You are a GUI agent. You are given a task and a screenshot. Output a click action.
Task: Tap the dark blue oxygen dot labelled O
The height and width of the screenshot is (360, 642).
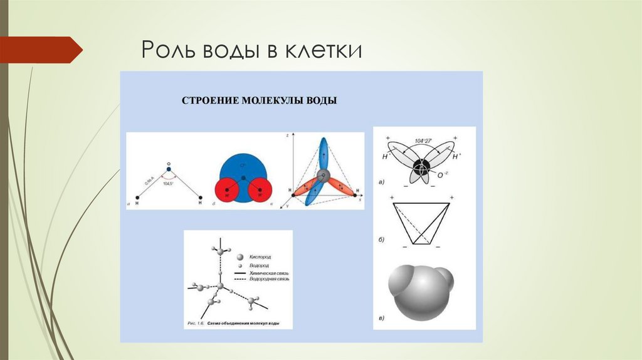(169, 168)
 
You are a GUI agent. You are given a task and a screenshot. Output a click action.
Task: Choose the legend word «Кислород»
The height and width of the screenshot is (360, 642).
(260, 258)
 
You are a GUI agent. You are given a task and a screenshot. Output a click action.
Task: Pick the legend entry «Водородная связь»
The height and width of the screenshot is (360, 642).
(268, 280)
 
